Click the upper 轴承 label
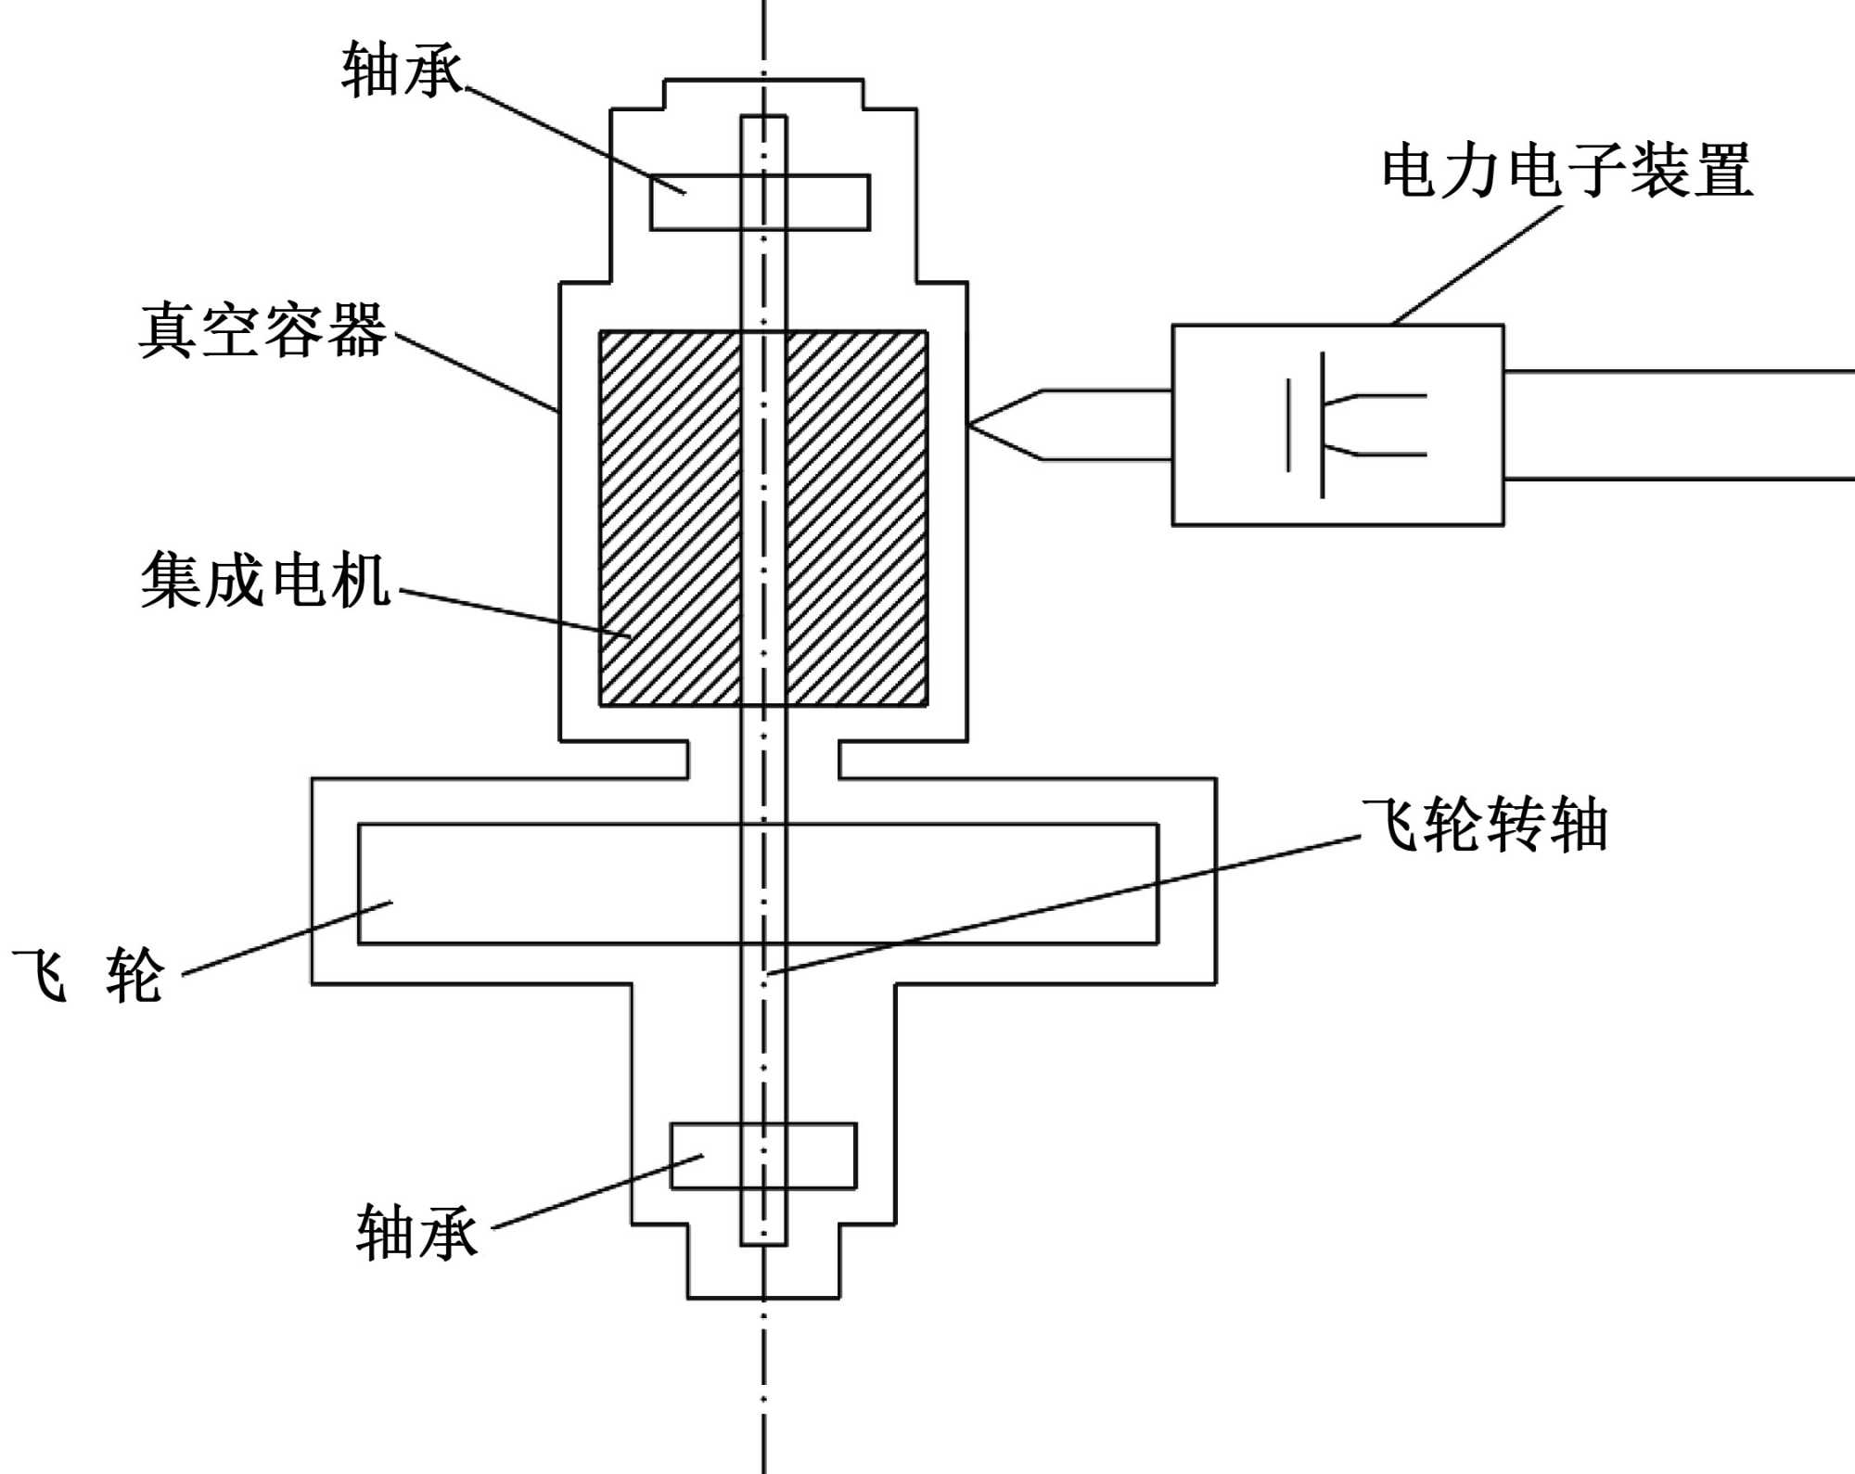(x=401, y=70)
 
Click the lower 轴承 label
(x=416, y=1233)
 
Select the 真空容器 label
(x=262, y=330)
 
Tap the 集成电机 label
(x=265, y=580)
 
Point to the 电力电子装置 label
(x=1567, y=171)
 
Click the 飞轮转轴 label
(x=1485, y=825)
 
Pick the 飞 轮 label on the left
(x=88, y=975)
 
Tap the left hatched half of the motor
(x=670, y=518)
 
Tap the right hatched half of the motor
(x=856, y=518)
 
